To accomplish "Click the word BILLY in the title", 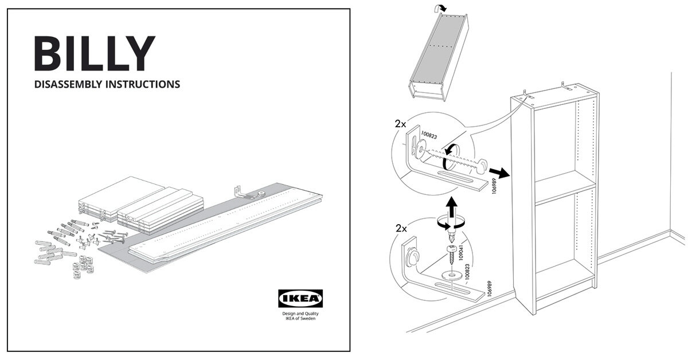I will [x=95, y=54].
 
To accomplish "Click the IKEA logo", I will [x=300, y=298].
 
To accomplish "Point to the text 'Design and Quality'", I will [x=300, y=314].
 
